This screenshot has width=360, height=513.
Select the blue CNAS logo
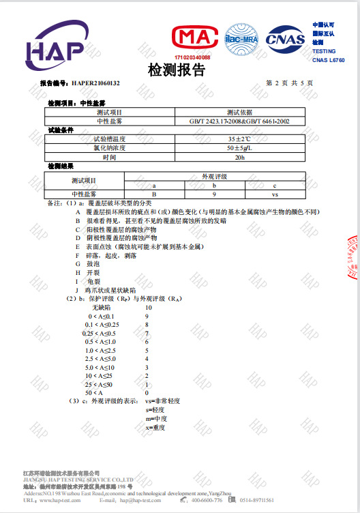coord(286,39)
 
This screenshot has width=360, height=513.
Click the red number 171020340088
coord(192,57)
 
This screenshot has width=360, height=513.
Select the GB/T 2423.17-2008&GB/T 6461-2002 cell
coord(240,121)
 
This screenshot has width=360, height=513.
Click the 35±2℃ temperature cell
coord(240,138)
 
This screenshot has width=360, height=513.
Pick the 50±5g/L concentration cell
coord(240,147)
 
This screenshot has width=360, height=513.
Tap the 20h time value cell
coord(240,156)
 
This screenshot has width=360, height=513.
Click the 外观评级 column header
coord(214,176)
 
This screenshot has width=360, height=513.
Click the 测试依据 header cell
coord(240,112)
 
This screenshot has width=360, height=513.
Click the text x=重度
coord(156,428)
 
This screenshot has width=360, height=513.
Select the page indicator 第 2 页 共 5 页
coord(289,83)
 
